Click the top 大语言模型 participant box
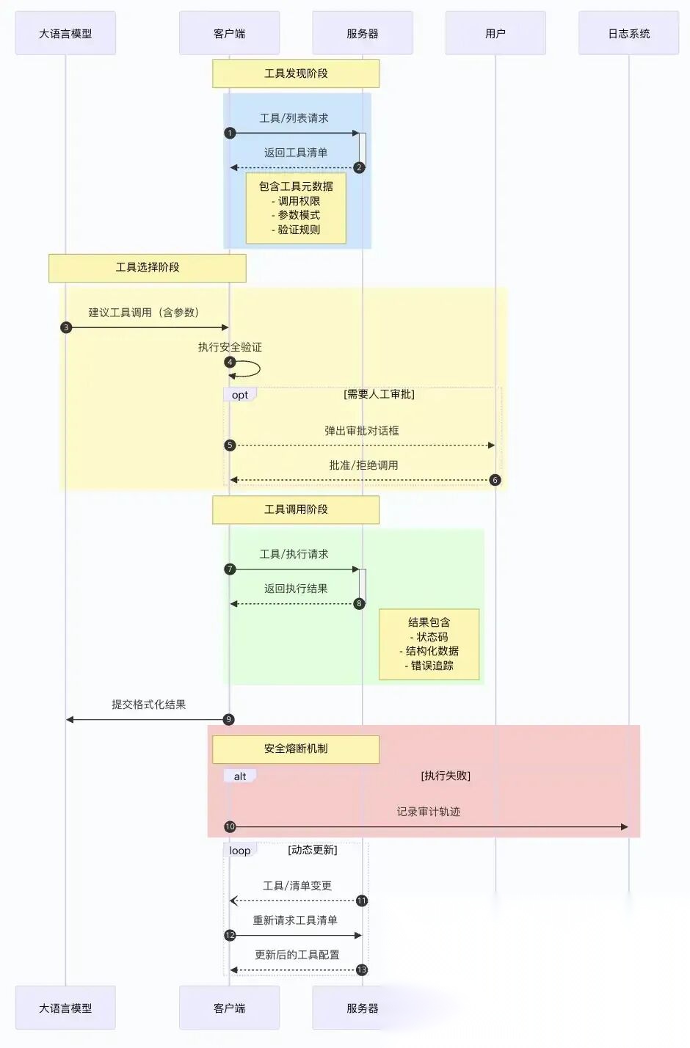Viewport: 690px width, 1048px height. point(65,33)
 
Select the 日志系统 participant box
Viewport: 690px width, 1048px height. point(628,33)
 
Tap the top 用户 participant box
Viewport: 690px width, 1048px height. point(495,33)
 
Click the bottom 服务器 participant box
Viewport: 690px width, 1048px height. point(362,1008)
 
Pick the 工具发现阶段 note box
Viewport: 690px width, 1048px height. point(296,73)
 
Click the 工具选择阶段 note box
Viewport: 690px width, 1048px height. point(147,267)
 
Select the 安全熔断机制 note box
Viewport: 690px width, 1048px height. point(296,749)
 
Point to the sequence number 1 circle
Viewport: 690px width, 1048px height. point(230,133)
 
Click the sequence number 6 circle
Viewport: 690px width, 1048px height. point(495,480)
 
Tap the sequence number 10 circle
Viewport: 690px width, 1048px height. point(230,826)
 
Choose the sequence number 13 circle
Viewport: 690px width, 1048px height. point(361,969)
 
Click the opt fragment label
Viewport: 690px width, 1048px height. point(240,395)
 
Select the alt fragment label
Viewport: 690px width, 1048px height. point(240,776)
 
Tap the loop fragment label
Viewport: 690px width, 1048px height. point(240,851)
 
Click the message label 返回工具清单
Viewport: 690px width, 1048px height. point(296,153)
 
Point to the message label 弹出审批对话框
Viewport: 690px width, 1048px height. point(362,431)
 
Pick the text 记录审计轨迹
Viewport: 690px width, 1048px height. point(429,812)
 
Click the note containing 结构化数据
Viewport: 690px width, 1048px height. point(429,644)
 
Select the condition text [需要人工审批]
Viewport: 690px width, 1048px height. point(379,394)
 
